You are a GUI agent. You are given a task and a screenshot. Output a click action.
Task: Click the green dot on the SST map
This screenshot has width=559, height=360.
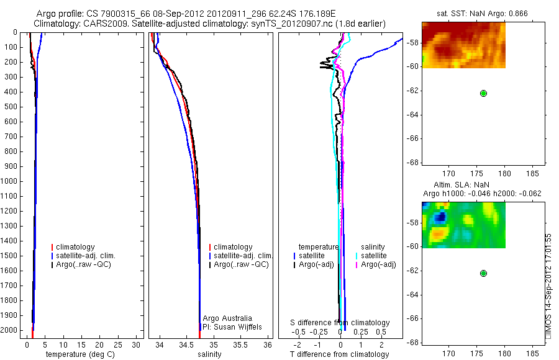click(483, 93)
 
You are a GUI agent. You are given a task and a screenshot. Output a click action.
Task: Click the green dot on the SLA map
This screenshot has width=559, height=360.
click(483, 273)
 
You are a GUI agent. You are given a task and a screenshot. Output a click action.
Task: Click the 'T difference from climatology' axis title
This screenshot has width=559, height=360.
click(339, 354)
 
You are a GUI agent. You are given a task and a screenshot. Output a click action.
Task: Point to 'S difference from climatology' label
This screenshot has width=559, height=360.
click(340, 323)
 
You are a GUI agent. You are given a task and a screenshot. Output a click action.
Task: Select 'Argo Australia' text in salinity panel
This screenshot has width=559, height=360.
click(227, 318)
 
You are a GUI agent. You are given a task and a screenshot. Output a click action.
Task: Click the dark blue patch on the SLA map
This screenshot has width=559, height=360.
click(440, 217)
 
